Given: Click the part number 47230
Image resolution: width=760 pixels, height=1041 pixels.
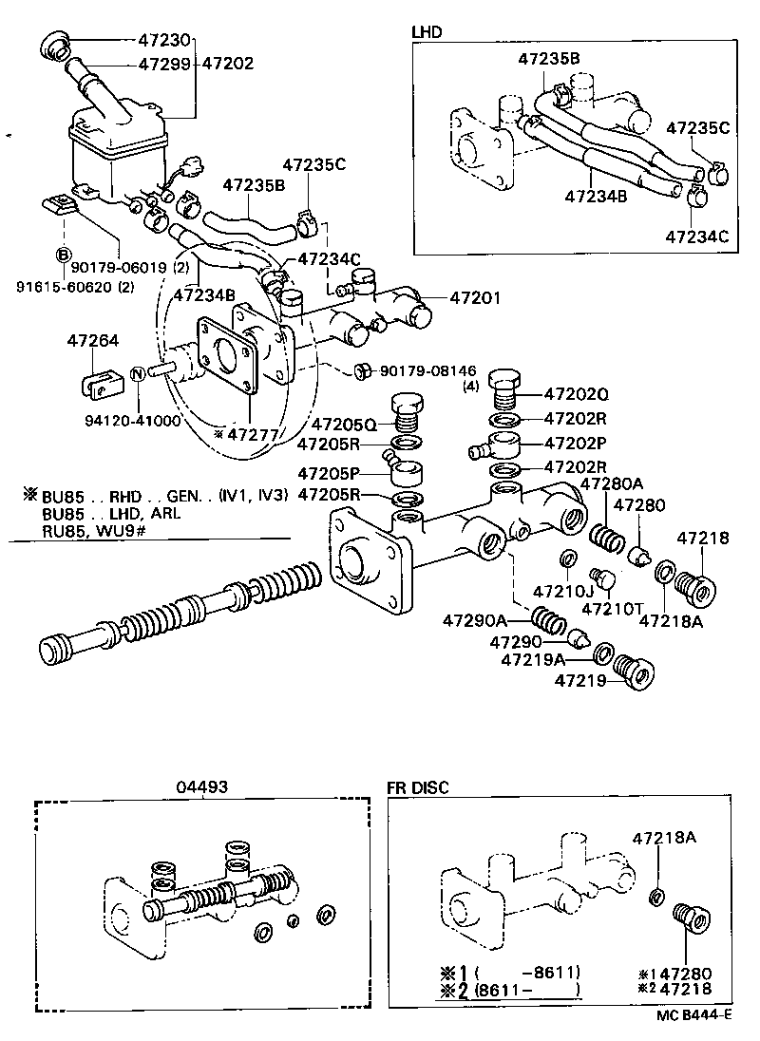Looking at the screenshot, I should (165, 41).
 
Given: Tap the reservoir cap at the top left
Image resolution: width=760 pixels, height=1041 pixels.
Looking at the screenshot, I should (55, 43).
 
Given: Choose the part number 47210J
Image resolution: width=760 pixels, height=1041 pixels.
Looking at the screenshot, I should (563, 590).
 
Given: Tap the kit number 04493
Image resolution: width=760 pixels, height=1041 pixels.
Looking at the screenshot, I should (200, 786).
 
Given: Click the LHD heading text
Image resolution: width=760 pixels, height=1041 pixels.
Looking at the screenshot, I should (426, 31).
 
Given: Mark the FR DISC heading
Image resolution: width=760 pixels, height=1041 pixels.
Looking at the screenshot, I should (417, 786).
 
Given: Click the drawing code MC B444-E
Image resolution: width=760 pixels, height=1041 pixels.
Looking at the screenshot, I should (693, 1014).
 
